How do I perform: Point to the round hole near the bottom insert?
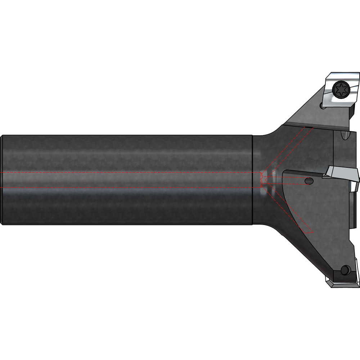coord(346,269)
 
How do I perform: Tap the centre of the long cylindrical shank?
coord(126,180)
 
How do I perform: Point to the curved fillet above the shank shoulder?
coord(270,132)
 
